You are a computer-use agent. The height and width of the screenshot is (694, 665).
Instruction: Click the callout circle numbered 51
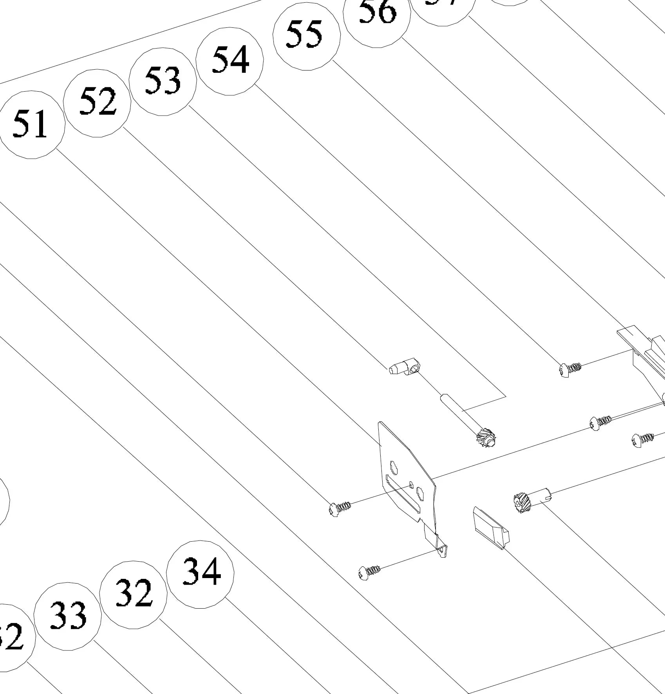31,125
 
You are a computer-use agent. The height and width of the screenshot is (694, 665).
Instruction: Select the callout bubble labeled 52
97,103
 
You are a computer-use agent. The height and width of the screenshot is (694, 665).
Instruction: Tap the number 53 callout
163,81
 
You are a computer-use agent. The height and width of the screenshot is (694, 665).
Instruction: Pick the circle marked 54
229,61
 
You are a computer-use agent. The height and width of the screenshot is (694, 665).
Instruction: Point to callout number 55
306,36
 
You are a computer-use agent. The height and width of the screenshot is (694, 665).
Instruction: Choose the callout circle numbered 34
200,574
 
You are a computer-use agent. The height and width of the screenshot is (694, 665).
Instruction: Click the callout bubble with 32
133,595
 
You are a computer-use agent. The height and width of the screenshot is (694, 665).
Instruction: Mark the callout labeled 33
67,616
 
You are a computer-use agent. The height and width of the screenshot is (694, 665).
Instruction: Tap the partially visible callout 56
377,16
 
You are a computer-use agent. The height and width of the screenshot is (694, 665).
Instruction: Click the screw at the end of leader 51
339,508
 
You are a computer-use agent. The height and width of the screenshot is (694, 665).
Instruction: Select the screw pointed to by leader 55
570,369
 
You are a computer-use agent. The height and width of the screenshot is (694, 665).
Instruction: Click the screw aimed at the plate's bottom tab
369,572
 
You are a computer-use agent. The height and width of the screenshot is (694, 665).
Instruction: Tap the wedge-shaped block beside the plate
491,527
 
